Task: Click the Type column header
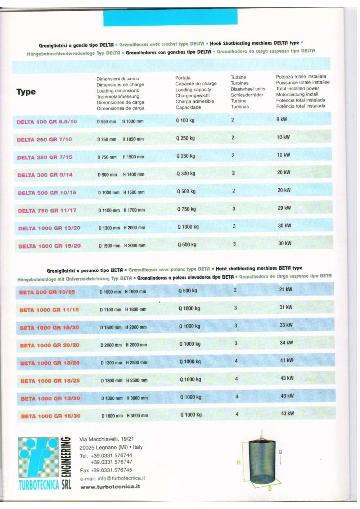(26, 92)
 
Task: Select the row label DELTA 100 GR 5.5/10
(47, 122)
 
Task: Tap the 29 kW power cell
(284, 208)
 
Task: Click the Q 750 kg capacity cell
(186, 209)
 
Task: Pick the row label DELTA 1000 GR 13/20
(49, 228)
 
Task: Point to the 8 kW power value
(282, 119)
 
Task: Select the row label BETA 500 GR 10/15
(47, 292)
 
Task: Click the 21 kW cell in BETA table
(286, 289)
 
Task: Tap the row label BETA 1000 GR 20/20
(50, 345)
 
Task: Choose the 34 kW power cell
(287, 343)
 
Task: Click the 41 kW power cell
(287, 360)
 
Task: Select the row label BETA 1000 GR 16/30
(51, 416)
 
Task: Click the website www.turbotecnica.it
(110, 487)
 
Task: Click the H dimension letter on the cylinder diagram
(238, 463)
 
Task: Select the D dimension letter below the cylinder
(270, 489)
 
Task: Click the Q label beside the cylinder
(280, 452)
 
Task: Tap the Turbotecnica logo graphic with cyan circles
(38, 458)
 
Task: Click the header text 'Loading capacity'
(193, 90)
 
